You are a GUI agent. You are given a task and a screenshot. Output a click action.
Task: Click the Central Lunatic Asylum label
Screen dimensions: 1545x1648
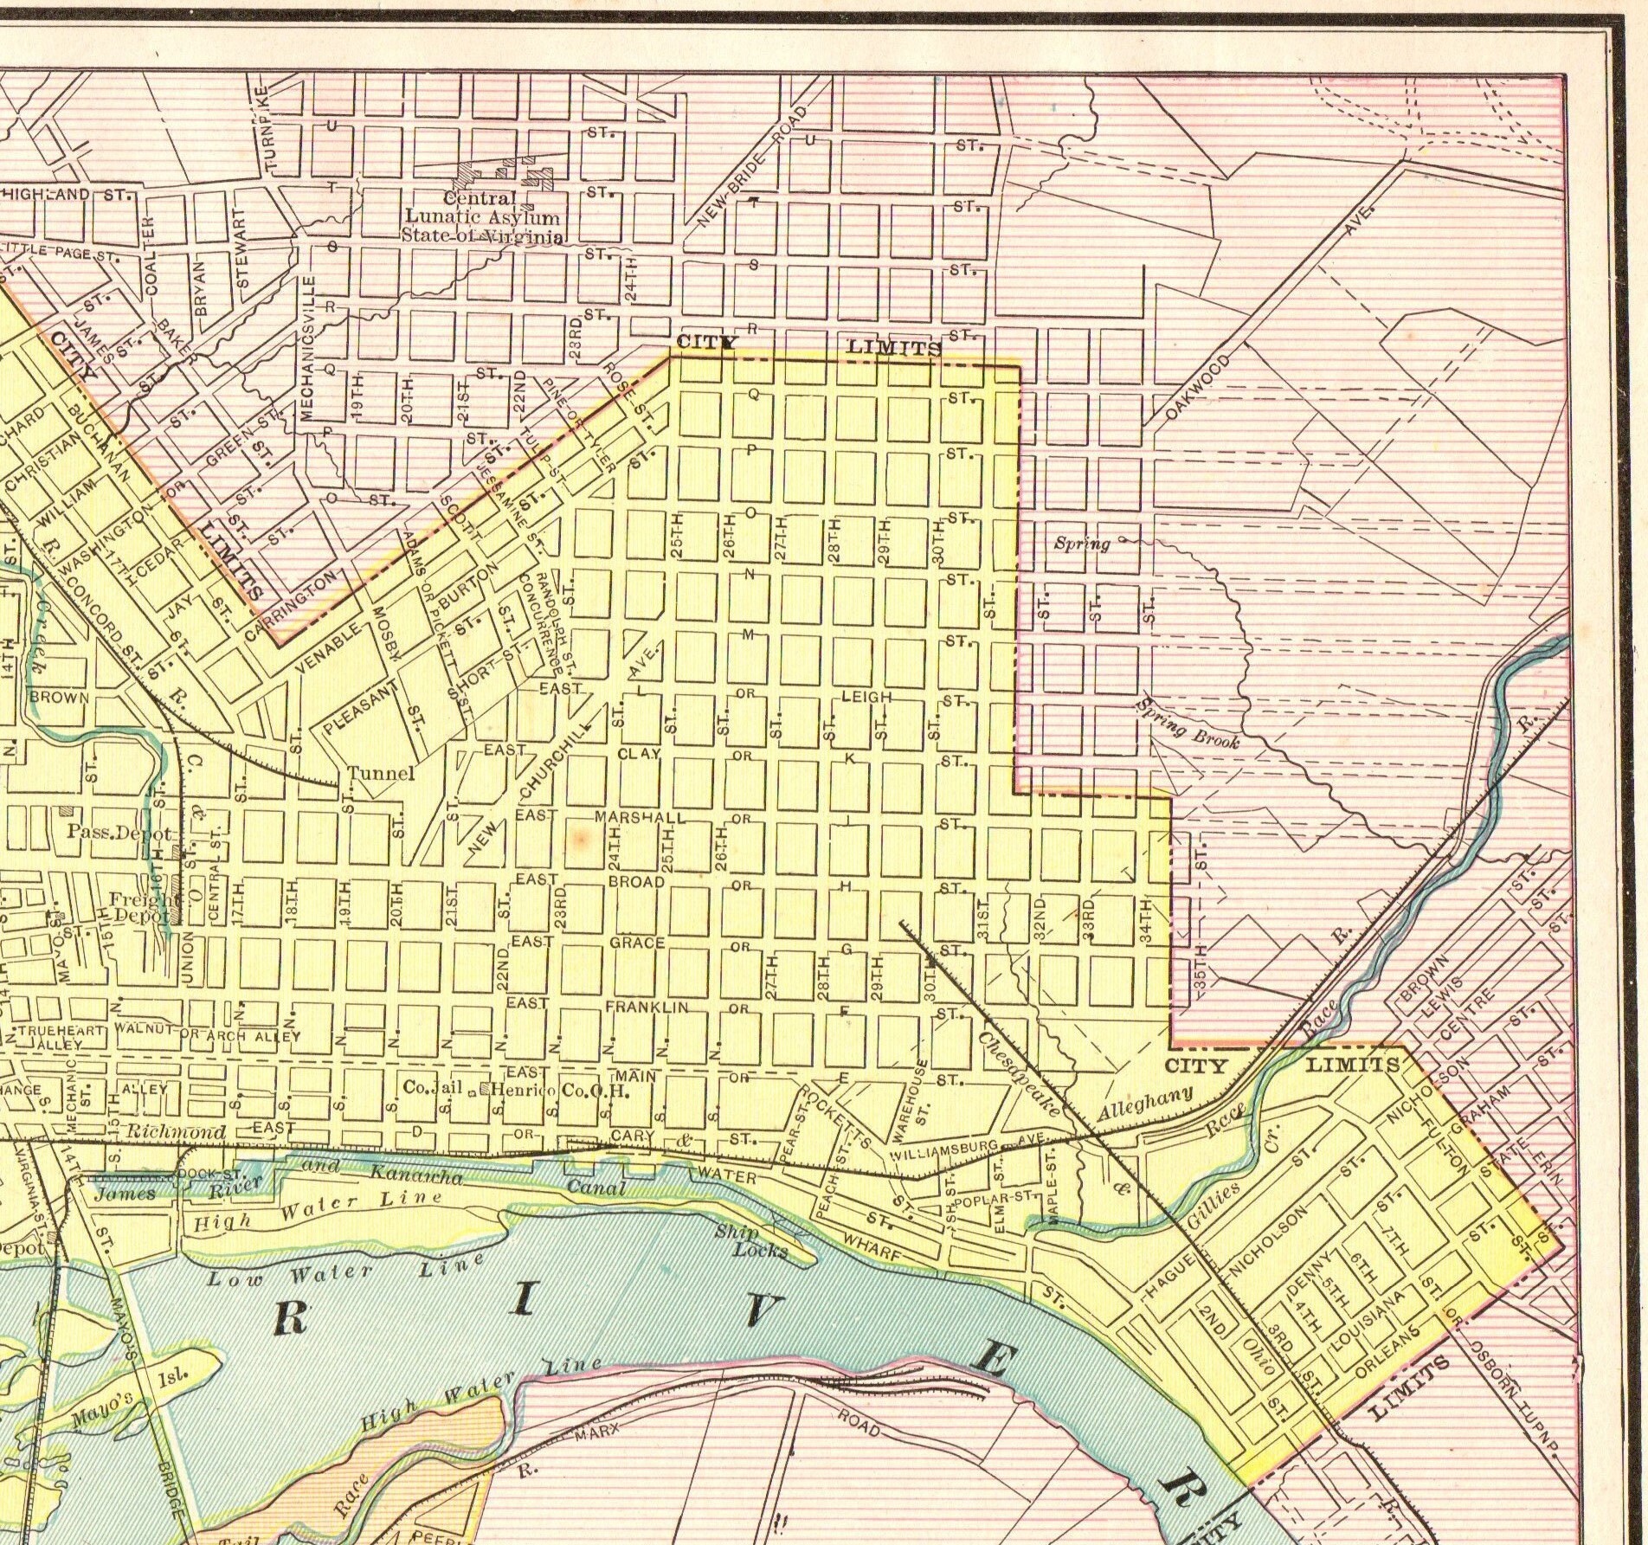point(483,217)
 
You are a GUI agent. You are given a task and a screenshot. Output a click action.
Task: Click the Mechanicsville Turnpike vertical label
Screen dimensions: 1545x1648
point(310,346)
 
